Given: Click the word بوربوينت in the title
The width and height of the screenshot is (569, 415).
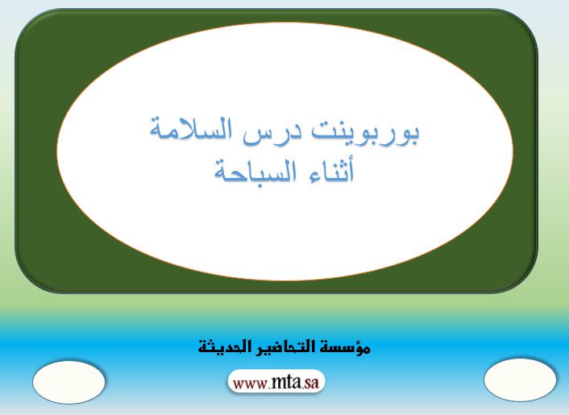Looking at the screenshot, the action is (x=366, y=131).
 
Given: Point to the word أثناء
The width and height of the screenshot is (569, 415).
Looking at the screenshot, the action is (x=324, y=171).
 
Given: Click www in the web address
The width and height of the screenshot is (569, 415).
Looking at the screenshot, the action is (x=251, y=384).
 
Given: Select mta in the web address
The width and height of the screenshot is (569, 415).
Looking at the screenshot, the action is (x=286, y=382).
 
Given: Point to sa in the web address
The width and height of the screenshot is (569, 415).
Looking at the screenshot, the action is (x=311, y=383).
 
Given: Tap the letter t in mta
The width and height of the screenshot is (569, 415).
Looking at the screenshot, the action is (x=289, y=382).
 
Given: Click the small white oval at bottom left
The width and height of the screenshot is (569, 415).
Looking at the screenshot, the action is (x=69, y=382).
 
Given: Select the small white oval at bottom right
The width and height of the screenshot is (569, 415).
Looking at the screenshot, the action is (x=520, y=380).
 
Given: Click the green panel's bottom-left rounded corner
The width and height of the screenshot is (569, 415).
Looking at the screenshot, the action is (x=29, y=279).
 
